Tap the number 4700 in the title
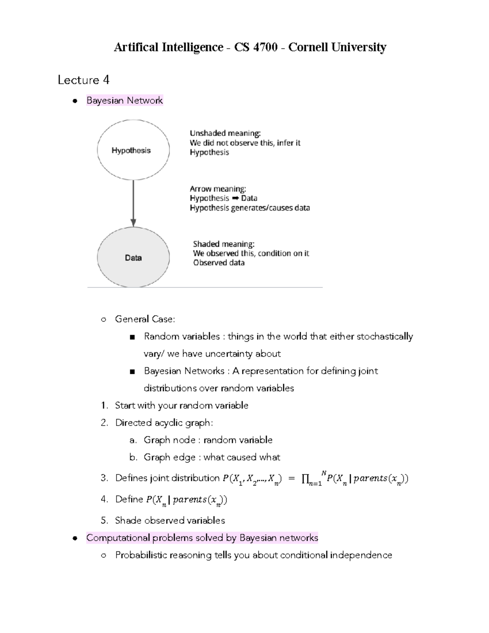coord(265,48)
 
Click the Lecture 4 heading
coord(84,80)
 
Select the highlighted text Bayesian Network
coord(124,100)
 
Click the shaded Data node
coord(133,258)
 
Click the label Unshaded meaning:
coord(225,133)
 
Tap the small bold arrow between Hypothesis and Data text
coord(235,199)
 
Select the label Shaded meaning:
coord(223,244)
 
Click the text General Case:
coord(145,319)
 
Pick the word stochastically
coord(385,337)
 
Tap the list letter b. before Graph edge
coord(133,457)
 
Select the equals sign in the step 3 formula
coord(291,479)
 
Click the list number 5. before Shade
coord(104,521)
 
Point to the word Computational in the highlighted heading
coord(118,538)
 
